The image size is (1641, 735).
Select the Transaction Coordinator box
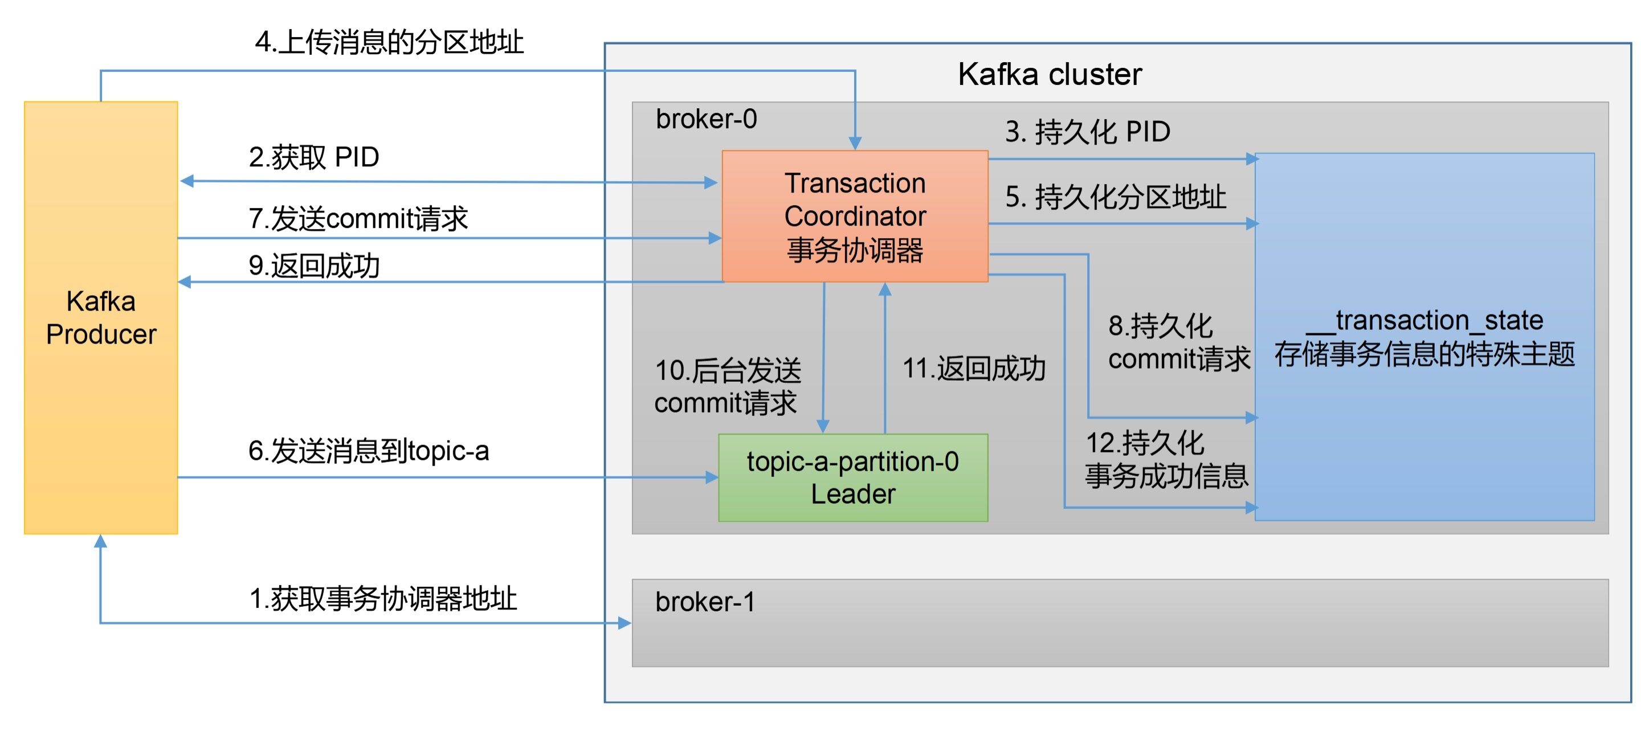tap(854, 216)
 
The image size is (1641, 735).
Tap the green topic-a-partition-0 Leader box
tap(852, 477)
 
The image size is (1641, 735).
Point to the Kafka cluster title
tap(1049, 75)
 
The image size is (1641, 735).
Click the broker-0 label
tap(706, 119)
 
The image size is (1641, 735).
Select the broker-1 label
tap(705, 602)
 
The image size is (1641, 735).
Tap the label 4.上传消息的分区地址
tap(389, 43)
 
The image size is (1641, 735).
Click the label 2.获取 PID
tap(313, 157)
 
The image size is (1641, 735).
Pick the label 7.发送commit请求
tap(358, 218)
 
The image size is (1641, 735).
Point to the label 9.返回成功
tap(314, 266)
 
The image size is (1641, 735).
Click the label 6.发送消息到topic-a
tap(368, 451)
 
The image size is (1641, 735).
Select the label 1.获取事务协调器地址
tap(383, 599)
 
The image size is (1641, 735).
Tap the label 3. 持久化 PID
tap(1087, 132)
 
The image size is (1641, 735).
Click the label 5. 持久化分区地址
tap(1115, 197)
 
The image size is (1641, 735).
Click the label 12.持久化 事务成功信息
tap(1166, 459)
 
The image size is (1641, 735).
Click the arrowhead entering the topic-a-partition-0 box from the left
tap(712, 477)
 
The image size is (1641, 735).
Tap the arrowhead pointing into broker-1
tap(625, 623)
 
